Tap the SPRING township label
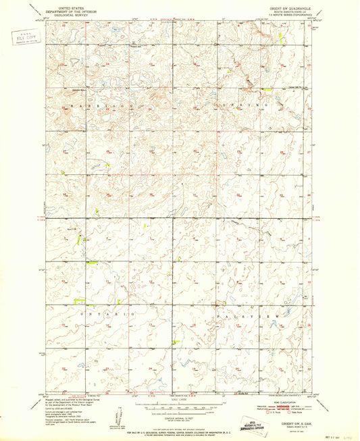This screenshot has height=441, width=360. (247, 106)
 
